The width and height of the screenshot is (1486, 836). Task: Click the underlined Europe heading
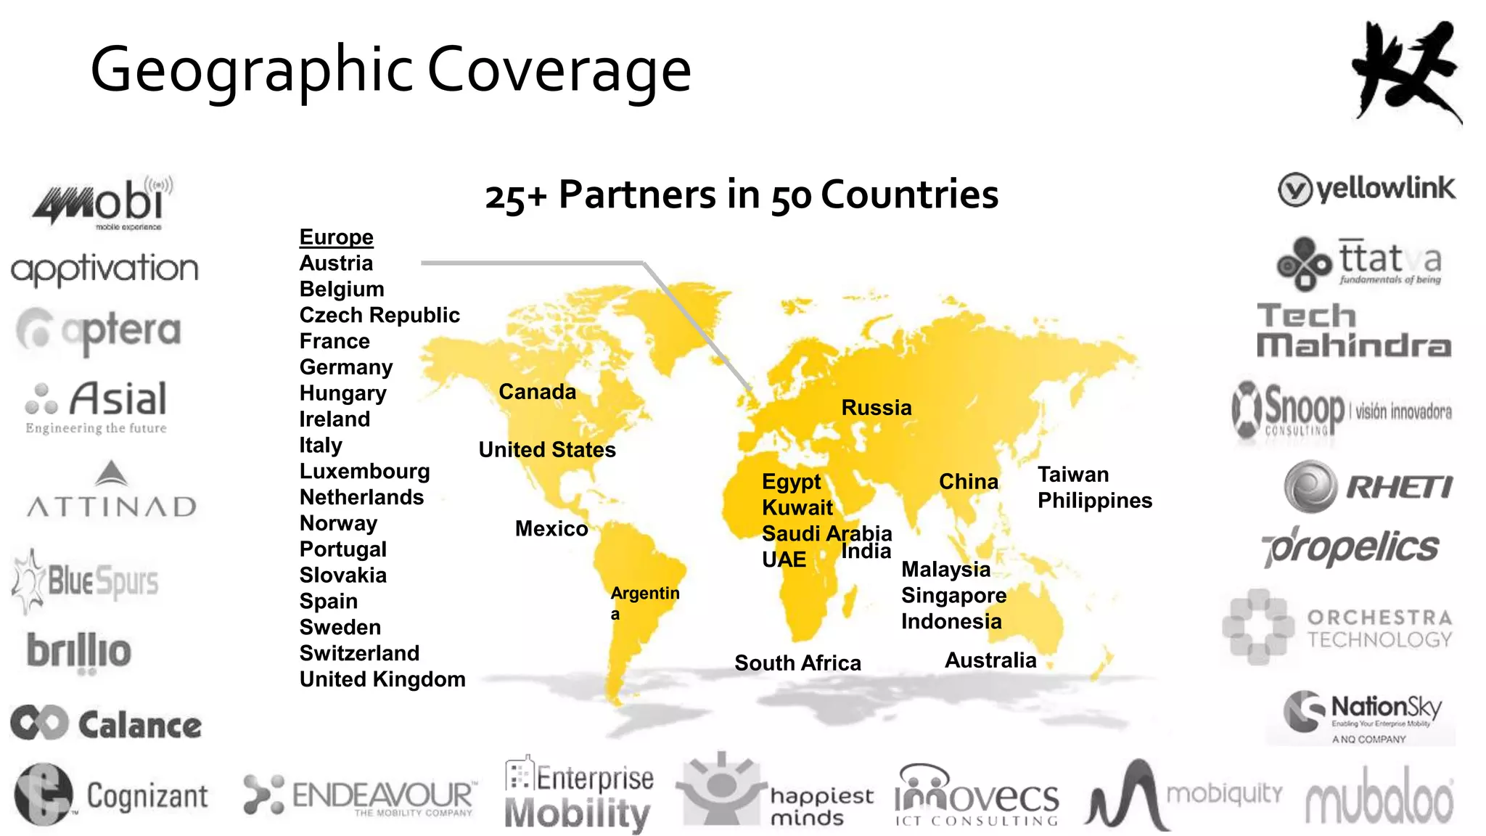pyautogui.click(x=336, y=237)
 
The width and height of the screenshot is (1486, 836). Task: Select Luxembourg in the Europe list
pyautogui.click(x=364, y=472)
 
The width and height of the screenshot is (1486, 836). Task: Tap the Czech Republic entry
pyautogui.click(x=379, y=315)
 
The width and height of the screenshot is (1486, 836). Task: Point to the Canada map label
pyautogui.click(x=537, y=392)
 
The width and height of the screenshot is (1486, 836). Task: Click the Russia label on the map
pyautogui.click(x=876, y=408)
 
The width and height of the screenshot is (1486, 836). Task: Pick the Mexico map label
pyautogui.click(x=551, y=528)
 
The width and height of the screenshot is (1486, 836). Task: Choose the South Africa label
pyautogui.click(x=797, y=663)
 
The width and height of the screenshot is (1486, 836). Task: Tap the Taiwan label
pyautogui.click(x=1073, y=475)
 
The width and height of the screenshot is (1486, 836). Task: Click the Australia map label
pyautogui.click(x=990, y=660)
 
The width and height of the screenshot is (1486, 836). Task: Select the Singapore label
pyautogui.click(x=953, y=596)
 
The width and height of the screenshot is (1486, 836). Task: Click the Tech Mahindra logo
pyautogui.click(x=1354, y=331)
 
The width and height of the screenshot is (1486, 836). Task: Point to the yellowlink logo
pyautogui.click(x=1366, y=189)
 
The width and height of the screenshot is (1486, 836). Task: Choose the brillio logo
pyautogui.click(x=79, y=650)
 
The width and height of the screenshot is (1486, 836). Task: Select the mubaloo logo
pyautogui.click(x=1379, y=800)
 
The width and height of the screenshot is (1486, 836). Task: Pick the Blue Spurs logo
pyautogui.click(x=86, y=581)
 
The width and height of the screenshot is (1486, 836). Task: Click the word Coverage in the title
pyautogui.click(x=559, y=70)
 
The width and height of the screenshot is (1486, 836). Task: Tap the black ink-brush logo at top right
pyautogui.click(x=1405, y=71)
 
